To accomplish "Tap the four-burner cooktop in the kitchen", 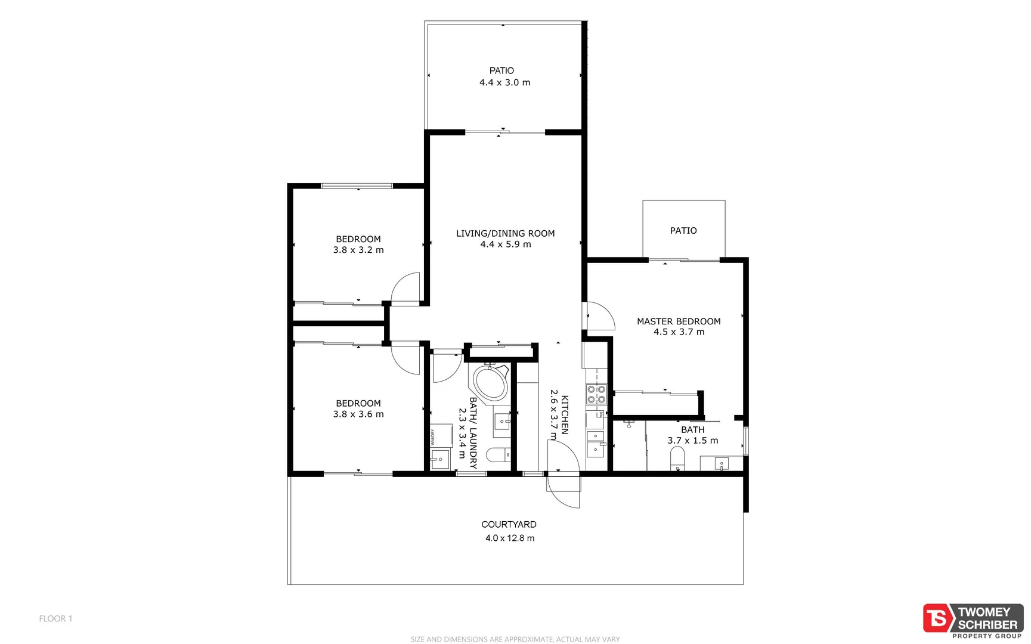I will point(596,394).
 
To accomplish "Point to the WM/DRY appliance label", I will point(433,438).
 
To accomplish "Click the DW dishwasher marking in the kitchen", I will point(601,414).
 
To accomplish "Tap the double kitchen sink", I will point(595,442).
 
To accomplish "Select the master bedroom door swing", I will point(600,316).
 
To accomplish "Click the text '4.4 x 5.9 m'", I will point(506,244).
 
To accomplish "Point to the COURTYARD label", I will point(509,525).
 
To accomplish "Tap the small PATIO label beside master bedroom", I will point(683,231).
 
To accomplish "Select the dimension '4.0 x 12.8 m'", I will point(509,538).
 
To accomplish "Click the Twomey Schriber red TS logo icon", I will point(937,618).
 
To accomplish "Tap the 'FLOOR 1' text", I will point(55,619).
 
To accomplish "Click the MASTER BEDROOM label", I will point(679,321).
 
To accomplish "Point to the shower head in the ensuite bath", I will point(628,425).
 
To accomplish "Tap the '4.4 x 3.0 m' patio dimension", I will point(504,83).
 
